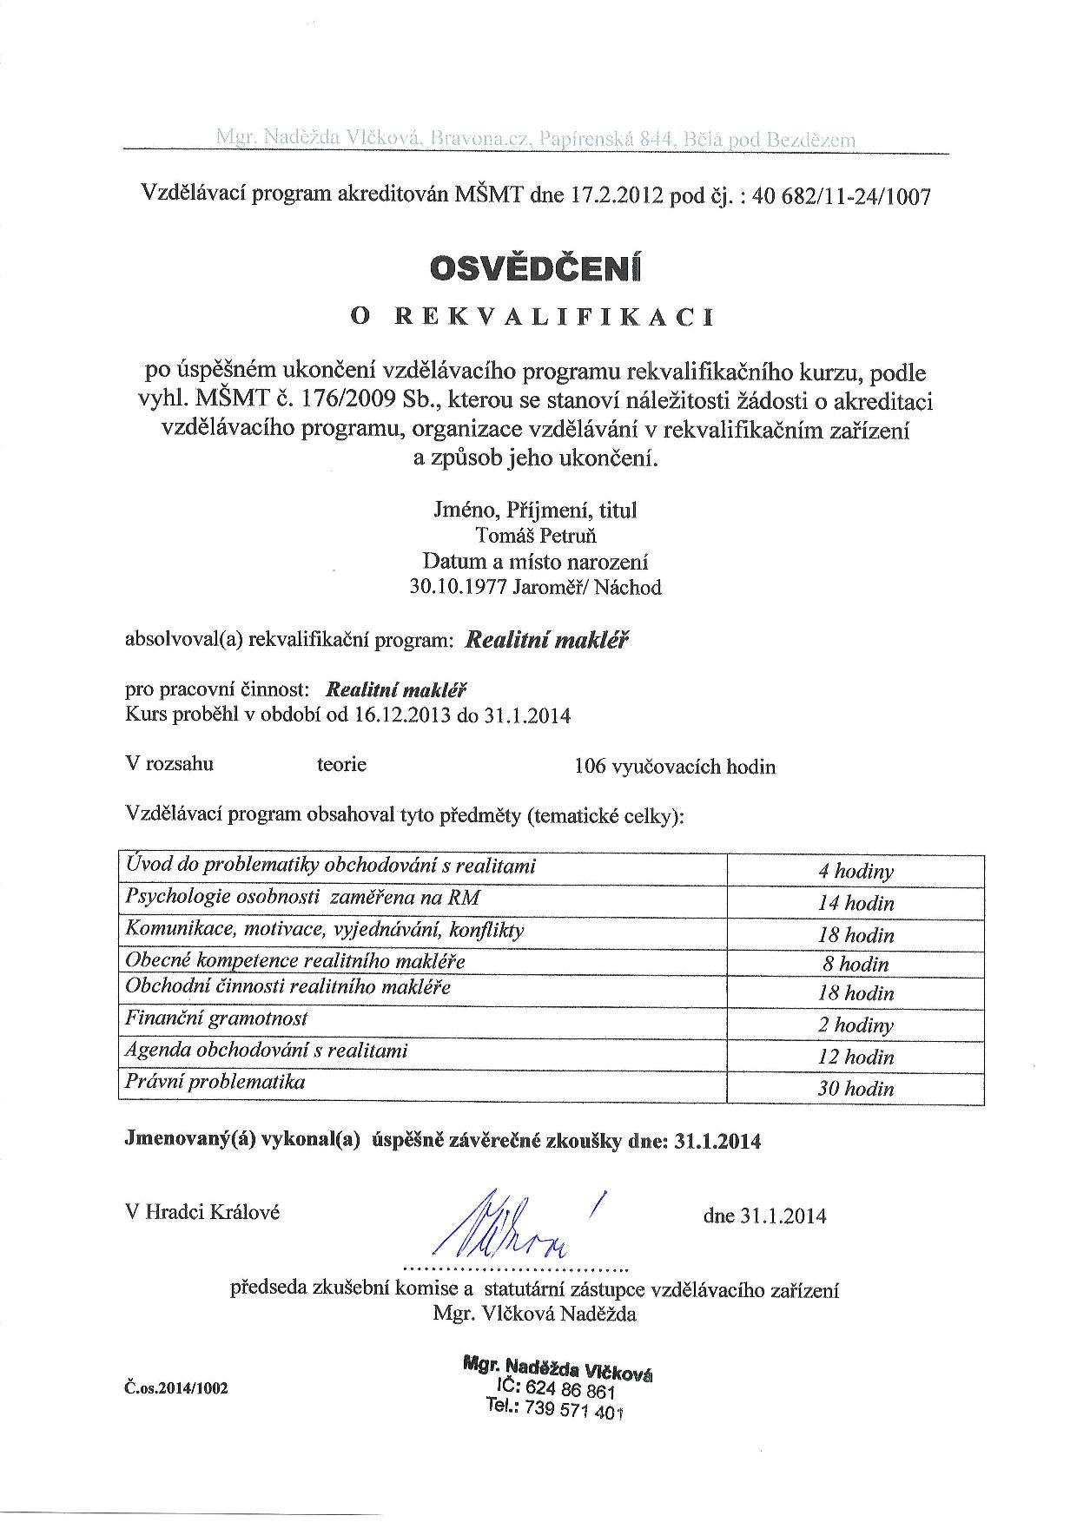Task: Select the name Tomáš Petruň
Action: tap(537, 536)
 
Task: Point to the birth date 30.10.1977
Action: tap(458, 588)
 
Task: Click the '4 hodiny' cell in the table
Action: tap(856, 871)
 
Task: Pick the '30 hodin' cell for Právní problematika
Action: tap(856, 1088)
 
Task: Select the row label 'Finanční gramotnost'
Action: tap(216, 1018)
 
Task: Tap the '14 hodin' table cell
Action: tap(856, 903)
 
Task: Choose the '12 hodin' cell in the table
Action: tap(856, 1057)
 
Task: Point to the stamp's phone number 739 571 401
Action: tap(580, 1410)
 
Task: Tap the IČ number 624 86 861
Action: tap(583, 1392)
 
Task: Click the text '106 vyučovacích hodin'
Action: tap(675, 767)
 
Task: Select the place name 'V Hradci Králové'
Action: tap(203, 1213)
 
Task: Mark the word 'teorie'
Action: tap(341, 765)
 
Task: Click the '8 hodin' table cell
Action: tap(856, 964)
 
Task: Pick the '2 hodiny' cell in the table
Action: tap(856, 1025)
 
